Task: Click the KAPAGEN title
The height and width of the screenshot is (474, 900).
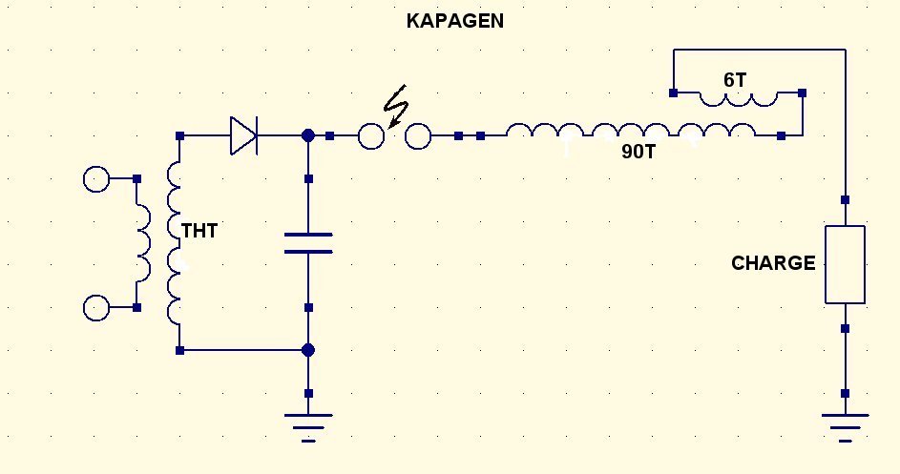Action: coord(455,21)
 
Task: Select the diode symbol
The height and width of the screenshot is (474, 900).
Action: coord(243,136)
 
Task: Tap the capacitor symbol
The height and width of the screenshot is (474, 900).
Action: coord(308,242)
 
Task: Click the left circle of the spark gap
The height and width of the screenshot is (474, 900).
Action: coord(371,137)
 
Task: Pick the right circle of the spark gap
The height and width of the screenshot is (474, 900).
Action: coord(418,137)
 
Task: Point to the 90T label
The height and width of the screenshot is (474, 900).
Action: coord(638,152)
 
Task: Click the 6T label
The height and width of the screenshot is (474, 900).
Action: coord(735,80)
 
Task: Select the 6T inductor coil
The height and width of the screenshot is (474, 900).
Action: coord(738,98)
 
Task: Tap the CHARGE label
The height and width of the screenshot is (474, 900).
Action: coord(773,263)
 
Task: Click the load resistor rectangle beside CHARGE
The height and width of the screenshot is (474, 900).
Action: coord(845,264)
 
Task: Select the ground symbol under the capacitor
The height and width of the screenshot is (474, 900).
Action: coord(308,422)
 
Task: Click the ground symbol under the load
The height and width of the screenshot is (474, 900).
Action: coord(845,422)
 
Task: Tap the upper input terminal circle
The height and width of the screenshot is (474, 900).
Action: coord(96,178)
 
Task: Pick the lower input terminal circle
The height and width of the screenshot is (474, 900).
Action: coord(96,308)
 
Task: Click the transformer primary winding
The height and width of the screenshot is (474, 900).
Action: coord(143,243)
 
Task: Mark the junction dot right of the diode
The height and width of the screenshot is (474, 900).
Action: coord(308,136)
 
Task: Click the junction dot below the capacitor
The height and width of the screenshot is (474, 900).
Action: coord(308,350)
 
